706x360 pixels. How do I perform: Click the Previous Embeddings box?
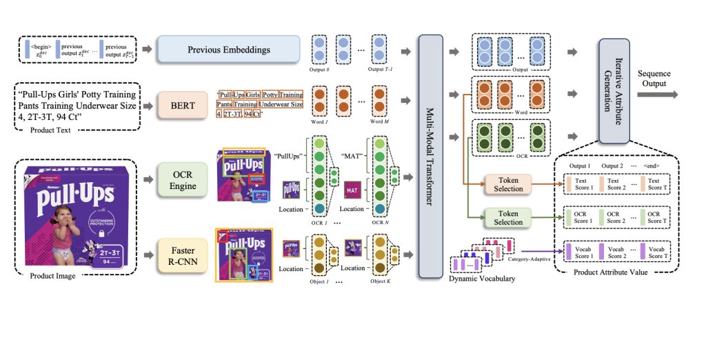(x=229, y=50)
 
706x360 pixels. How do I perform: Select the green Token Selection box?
(x=507, y=217)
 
